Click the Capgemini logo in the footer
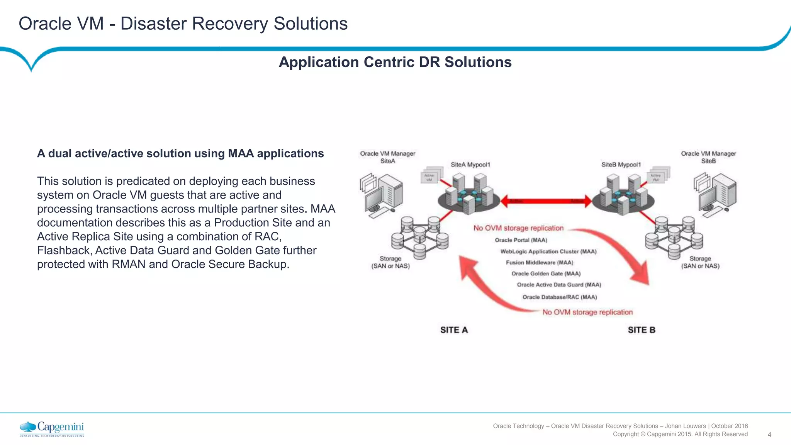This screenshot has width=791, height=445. click(x=52, y=429)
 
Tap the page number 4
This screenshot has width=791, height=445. click(x=769, y=435)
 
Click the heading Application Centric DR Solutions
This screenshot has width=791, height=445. click(x=395, y=62)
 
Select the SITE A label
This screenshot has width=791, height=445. click(x=454, y=330)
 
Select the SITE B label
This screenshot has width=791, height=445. click(x=641, y=330)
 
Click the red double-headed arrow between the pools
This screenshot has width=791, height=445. click(x=546, y=201)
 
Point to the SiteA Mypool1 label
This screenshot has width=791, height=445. click(x=470, y=165)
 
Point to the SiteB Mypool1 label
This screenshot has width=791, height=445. click(x=621, y=165)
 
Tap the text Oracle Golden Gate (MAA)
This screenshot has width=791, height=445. click(x=546, y=273)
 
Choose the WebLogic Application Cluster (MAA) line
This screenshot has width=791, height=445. click(x=548, y=251)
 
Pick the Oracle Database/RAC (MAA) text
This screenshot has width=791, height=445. click(x=559, y=297)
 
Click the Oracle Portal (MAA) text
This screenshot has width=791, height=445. click(x=521, y=240)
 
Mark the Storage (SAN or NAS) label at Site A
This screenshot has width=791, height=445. click(x=390, y=262)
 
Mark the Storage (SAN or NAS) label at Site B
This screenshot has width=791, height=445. click(x=700, y=262)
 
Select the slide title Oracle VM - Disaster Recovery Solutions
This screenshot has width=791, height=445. click(x=183, y=24)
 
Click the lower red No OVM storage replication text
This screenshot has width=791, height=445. click(x=587, y=312)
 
